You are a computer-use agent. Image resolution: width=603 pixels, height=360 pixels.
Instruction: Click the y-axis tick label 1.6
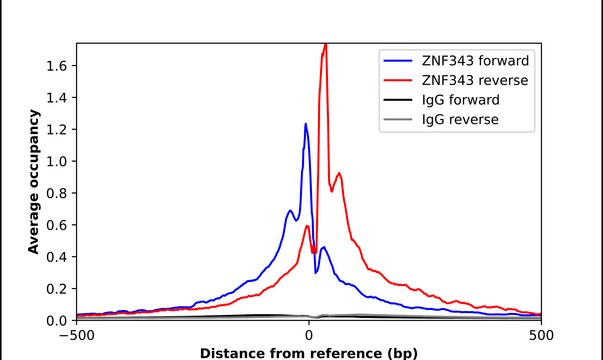57,65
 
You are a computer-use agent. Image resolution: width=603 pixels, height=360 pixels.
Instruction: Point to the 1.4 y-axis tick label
57,97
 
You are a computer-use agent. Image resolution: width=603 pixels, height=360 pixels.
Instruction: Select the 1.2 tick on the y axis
57,129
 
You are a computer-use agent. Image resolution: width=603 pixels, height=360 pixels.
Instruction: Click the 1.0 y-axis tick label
57,161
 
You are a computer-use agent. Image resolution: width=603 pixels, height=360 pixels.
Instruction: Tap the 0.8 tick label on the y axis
57,193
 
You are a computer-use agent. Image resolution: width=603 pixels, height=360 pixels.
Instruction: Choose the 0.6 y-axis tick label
57,225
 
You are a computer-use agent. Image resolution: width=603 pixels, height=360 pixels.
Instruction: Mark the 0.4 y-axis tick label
57,257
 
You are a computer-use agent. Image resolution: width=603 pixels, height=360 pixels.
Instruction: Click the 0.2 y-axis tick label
57,289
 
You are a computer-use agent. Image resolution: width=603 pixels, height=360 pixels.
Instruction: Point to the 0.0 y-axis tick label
57,321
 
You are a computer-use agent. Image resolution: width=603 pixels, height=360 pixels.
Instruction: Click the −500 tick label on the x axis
76,335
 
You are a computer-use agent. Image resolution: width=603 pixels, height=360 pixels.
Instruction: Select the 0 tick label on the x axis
309,335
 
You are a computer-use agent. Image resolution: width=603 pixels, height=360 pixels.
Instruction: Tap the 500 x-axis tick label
541,335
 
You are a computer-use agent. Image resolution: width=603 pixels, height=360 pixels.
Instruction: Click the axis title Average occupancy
34,182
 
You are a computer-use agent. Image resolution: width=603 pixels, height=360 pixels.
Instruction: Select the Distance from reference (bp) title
309,352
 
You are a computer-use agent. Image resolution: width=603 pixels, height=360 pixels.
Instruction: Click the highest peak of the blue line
306,124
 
